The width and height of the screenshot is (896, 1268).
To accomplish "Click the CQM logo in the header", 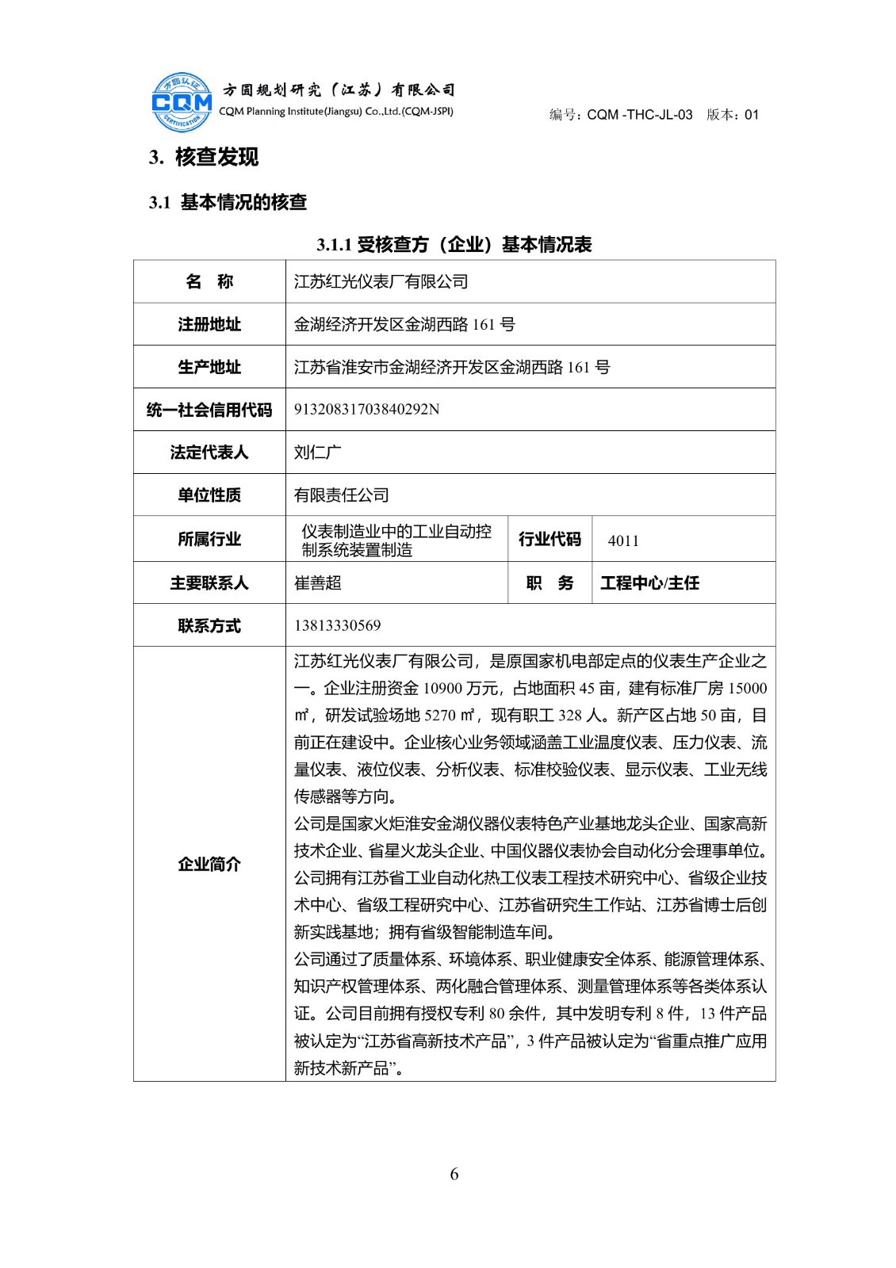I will [x=182, y=102].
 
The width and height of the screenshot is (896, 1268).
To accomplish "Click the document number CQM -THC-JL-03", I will [x=639, y=115].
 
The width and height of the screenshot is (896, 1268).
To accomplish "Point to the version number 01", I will [x=752, y=115].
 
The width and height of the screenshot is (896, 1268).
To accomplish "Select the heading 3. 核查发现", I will [x=204, y=157].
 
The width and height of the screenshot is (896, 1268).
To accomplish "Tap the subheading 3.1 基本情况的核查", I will [x=228, y=202].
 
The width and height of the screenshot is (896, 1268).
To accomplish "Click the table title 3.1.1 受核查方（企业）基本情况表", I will [x=454, y=244].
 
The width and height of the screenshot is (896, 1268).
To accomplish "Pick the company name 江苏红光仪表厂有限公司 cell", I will [x=381, y=281].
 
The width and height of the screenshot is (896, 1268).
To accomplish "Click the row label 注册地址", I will [x=209, y=324].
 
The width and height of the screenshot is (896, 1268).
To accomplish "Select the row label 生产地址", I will [x=209, y=367].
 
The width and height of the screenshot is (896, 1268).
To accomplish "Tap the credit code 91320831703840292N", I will [x=366, y=409].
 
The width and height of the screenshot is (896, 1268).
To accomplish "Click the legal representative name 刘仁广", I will [x=317, y=453].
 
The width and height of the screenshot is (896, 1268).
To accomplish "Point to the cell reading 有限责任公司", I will [x=341, y=495].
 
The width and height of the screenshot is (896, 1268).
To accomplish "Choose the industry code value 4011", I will [x=623, y=540].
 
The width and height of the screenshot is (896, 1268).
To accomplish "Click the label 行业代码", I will [x=549, y=540].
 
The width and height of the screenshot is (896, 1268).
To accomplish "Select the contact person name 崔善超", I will [x=317, y=583].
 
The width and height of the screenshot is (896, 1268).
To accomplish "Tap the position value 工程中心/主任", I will [x=649, y=583].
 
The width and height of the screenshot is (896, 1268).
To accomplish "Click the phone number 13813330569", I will [x=337, y=625].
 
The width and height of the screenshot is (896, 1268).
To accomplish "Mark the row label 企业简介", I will [x=209, y=864].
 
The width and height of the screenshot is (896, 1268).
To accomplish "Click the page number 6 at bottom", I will [x=454, y=1174].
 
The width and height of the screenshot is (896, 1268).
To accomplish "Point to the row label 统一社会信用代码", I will [x=209, y=410].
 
